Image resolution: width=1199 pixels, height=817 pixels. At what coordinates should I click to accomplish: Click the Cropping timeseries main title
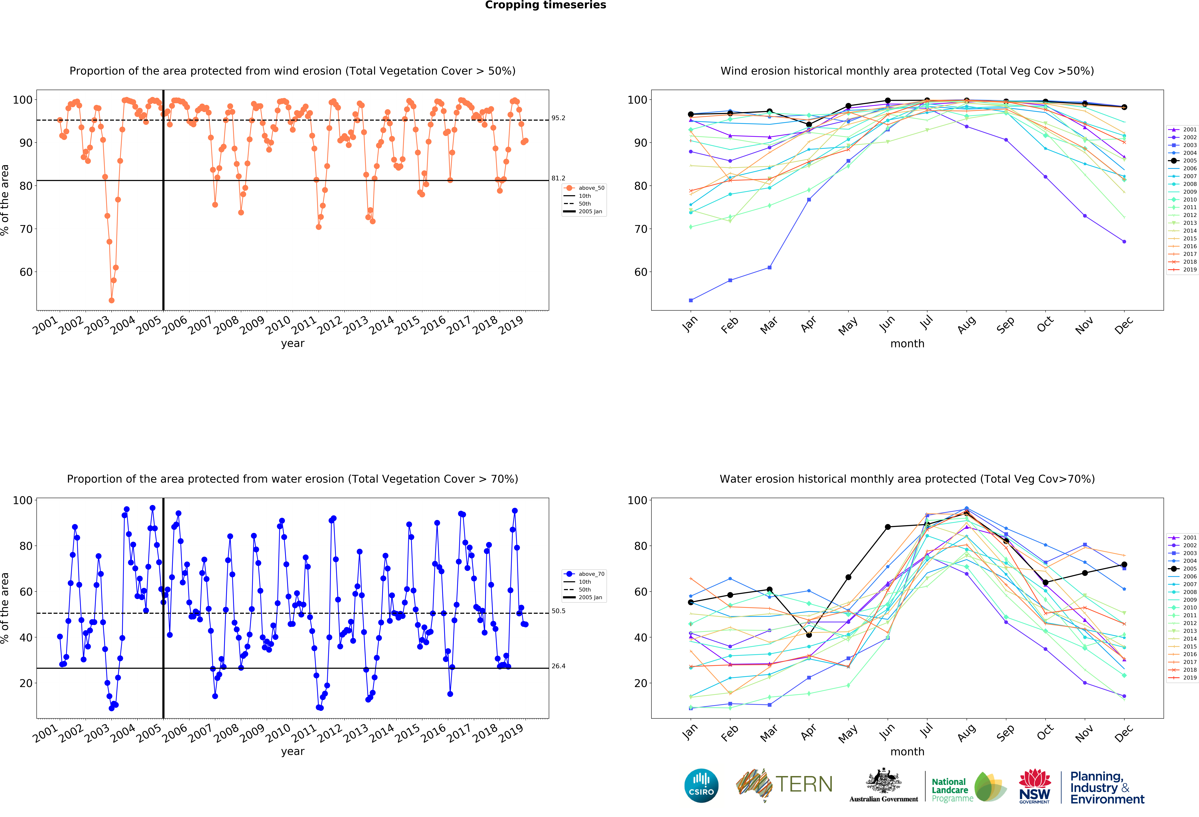[545, 5]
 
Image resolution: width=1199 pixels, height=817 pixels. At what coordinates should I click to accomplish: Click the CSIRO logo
[701, 786]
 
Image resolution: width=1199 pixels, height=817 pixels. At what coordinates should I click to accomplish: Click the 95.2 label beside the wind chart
[558, 118]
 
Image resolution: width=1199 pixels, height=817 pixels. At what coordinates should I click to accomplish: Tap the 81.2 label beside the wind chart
[558, 178]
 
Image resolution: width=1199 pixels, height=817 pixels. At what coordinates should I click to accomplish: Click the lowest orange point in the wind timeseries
[111, 300]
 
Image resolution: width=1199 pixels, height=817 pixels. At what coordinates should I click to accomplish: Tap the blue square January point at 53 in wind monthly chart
[691, 300]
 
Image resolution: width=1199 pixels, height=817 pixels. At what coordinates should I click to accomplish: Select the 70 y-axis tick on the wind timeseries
[26, 229]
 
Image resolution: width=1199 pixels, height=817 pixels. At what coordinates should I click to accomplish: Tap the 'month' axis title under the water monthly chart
[907, 752]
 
